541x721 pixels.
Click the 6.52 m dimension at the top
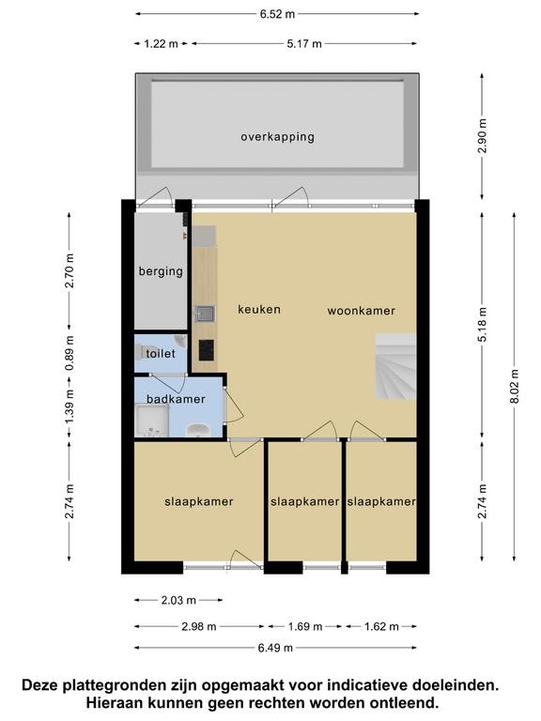pyautogui.click(x=277, y=14)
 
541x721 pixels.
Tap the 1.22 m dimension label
pyautogui.click(x=161, y=44)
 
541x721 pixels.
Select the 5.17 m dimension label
pyautogui.click(x=304, y=44)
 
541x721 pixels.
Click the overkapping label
pyautogui.click(x=277, y=137)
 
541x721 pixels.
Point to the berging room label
pyautogui.click(x=161, y=271)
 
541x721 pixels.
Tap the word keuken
pyautogui.click(x=259, y=309)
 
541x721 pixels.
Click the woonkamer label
pyautogui.click(x=361, y=311)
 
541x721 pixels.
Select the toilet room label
pyautogui.click(x=161, y=354)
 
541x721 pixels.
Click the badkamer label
pyautogui.click(x=176, y=399)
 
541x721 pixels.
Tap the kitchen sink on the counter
pyautogui.click(x=205, y=314)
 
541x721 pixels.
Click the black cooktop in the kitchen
pyautogui.click(x=206, y=350)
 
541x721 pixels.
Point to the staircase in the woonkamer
pyautogui.click(x=395, y=366)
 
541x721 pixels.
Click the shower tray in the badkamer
pyautogui.click(x=152, y=420)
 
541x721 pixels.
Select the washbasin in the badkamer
pyautogui.click(x=198, y=429)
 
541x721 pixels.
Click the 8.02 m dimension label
pyautogui.click(x=515, y=386)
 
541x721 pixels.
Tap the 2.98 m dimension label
pyautogui.click(x=199, y=626)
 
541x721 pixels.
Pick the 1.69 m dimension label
pyautogui.click(x=305, y=626)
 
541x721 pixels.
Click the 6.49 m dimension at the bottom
pyautogui.click(x=275, y=648)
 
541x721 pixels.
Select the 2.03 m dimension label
pyautogui.click(x=178, y=600)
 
